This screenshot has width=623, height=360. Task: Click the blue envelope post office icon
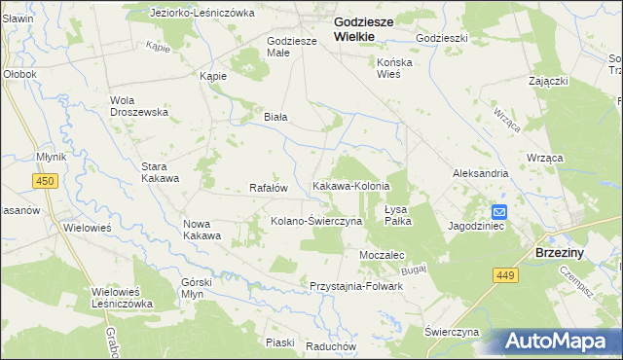click(x=498, y=212)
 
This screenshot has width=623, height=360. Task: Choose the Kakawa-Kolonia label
click(x=350, y=186)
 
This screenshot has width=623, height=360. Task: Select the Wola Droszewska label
click(x=139, y=105)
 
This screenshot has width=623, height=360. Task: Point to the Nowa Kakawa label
click(x=202, y=230)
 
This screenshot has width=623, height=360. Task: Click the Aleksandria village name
click(x=480, y=172)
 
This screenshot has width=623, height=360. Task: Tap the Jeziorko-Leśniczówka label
click(x=202, y=14)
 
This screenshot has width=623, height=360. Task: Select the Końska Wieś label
click(x=396, y=66)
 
